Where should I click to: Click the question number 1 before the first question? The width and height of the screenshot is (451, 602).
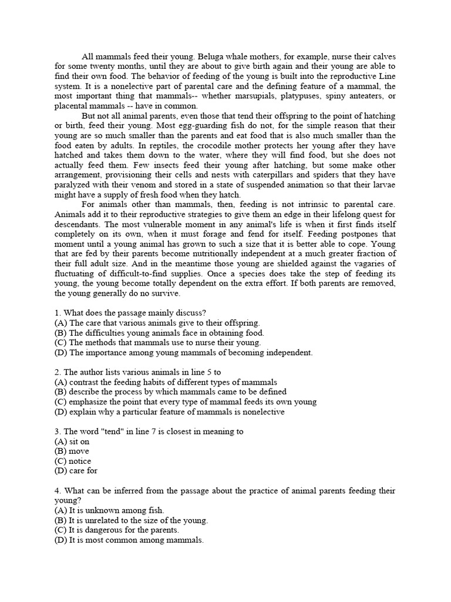[57, 313]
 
